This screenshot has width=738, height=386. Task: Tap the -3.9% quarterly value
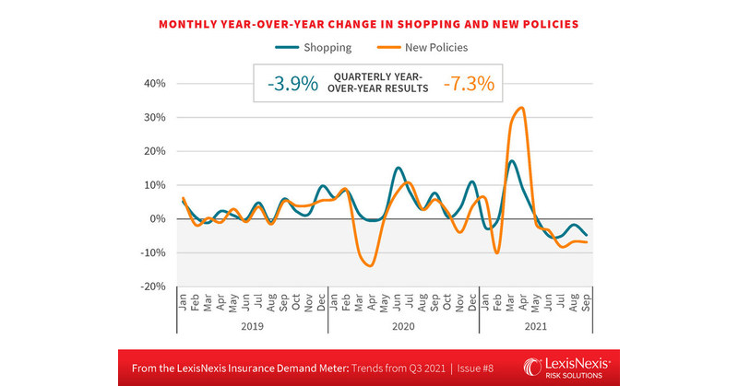[x=292, y=84]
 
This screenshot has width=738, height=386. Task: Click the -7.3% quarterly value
[x=469, y=84]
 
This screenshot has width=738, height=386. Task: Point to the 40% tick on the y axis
[x=152, y=84]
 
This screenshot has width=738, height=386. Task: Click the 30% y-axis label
[x=152, y=118]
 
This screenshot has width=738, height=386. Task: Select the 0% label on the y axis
[x=156, y=219]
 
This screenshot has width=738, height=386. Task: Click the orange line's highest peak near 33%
[x=522, y=108]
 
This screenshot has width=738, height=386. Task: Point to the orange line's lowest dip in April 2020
[x=371, y=265]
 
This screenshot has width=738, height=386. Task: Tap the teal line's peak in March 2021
[x=511, y=161]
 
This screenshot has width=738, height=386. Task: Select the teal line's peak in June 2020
[x=398, y=168]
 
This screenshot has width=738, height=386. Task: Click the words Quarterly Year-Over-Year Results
[x=380, y=84]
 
